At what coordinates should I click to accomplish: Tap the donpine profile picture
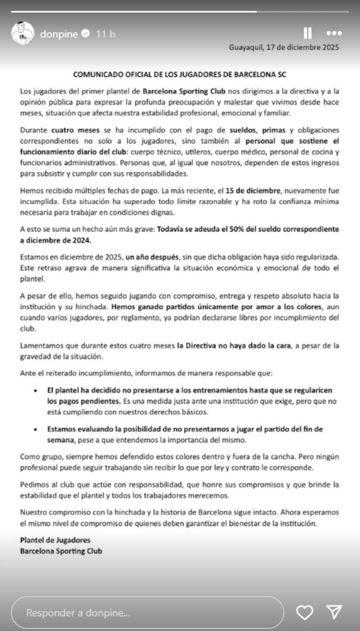pos(22,34)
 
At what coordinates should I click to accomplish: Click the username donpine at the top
pos(59,34)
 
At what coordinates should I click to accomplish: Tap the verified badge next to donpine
pos(86,34)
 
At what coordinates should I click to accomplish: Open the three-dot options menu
pos(335,33)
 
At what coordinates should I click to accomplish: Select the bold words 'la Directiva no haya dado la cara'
pos(235,346)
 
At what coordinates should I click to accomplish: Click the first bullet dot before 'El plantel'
pos(35,391)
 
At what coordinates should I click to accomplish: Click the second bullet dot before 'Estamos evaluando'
pos(35,429)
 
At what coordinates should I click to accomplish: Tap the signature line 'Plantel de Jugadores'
pos(55,540)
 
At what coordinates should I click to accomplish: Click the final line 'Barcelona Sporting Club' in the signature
pos(61,551)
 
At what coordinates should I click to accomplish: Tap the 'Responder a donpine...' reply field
pos(147,613)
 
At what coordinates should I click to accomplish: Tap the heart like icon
pos(304,612)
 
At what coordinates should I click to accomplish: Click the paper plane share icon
pos(333,612)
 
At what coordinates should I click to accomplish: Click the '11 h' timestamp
pos(105,34)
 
